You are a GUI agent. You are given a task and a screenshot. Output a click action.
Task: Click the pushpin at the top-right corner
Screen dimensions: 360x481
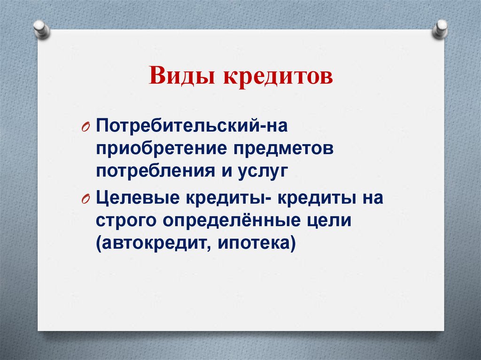440,29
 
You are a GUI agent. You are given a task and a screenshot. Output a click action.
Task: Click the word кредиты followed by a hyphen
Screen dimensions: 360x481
227,198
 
